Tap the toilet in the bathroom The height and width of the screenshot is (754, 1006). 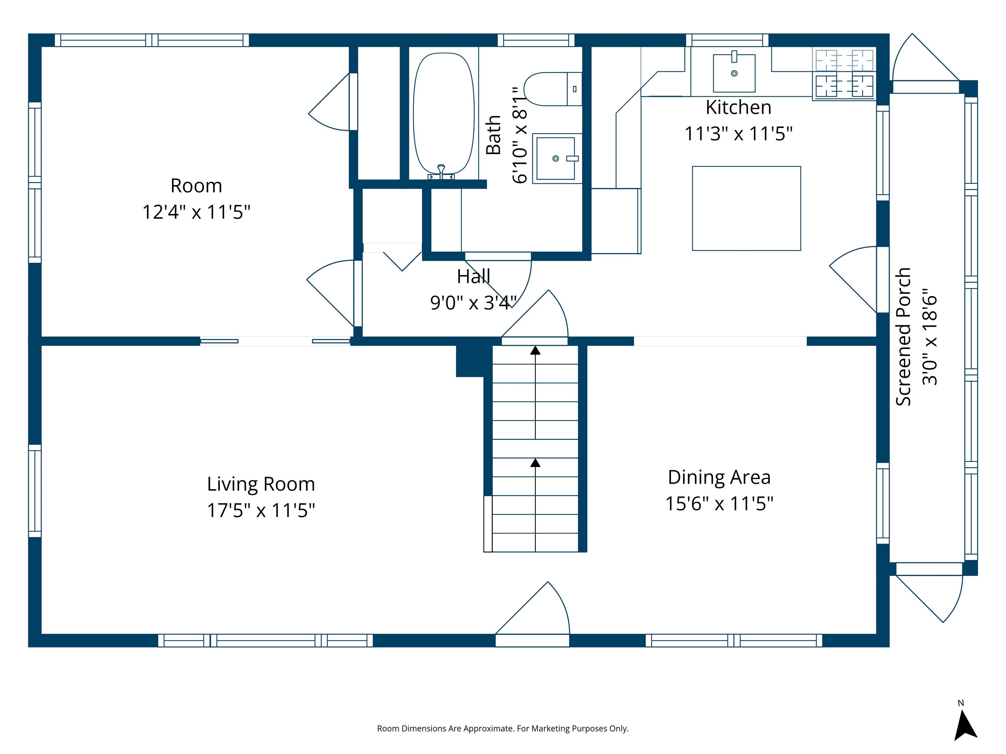coord(550,89)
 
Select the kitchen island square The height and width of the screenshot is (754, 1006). coord(746,208)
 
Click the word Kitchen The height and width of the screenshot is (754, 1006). coord(738,108)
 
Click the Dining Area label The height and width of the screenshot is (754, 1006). coord(719,477)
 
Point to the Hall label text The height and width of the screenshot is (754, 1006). coord(474,276)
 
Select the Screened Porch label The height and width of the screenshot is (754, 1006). coord(903,336)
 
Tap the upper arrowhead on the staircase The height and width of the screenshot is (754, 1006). coord(535,350)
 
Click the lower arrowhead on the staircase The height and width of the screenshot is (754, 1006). coord(535,463)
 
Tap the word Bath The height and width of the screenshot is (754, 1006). coord(494,135)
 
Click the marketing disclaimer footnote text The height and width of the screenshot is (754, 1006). coord(503,728)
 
